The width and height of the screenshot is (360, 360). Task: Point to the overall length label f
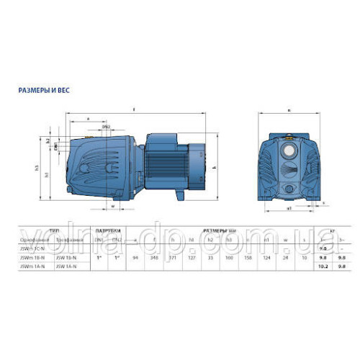[x=135, y=109]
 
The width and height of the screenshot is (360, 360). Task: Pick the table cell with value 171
[x=171, y=256]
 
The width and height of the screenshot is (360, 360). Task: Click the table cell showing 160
[x=228, y=256]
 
